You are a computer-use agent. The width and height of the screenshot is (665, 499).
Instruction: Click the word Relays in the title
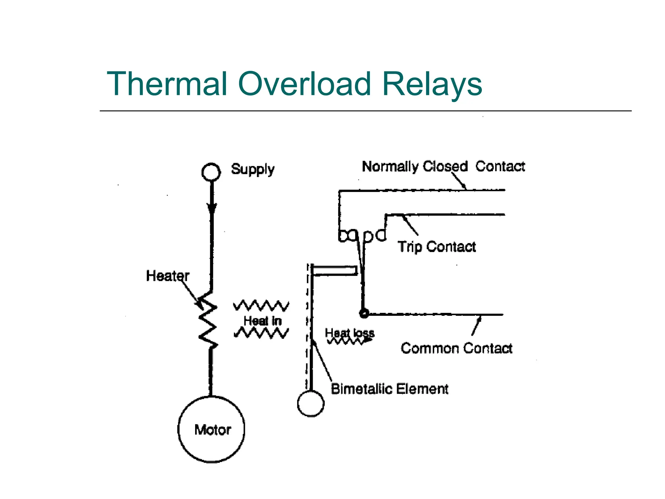(432, 84)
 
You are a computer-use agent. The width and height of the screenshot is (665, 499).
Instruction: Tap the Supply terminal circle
(211, 172)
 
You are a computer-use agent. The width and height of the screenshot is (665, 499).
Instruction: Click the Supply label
(253, 169)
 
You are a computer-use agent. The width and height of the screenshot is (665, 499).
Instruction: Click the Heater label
(168, 276)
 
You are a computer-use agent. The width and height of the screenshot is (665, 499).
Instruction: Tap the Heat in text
(262, 321)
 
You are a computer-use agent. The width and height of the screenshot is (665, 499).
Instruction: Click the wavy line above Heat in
(261, 306)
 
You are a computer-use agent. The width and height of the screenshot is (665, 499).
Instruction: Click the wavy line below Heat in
(261, 333)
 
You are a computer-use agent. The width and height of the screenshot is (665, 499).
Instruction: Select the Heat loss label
(350, 333)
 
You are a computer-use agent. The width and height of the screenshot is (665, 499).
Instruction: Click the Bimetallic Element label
(389, 389)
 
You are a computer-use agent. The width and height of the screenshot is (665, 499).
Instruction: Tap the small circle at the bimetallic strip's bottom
(311, 403)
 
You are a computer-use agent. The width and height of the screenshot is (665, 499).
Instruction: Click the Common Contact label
(456, 348)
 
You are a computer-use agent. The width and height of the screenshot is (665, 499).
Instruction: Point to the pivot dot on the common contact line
(364, 313)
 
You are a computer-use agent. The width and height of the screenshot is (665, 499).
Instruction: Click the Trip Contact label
(437, 247)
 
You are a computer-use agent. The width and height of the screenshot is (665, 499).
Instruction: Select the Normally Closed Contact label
(443, 166)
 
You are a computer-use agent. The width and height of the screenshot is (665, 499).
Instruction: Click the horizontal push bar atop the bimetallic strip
(334, 270)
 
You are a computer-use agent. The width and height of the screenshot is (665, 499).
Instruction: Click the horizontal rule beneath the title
(365, 111)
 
